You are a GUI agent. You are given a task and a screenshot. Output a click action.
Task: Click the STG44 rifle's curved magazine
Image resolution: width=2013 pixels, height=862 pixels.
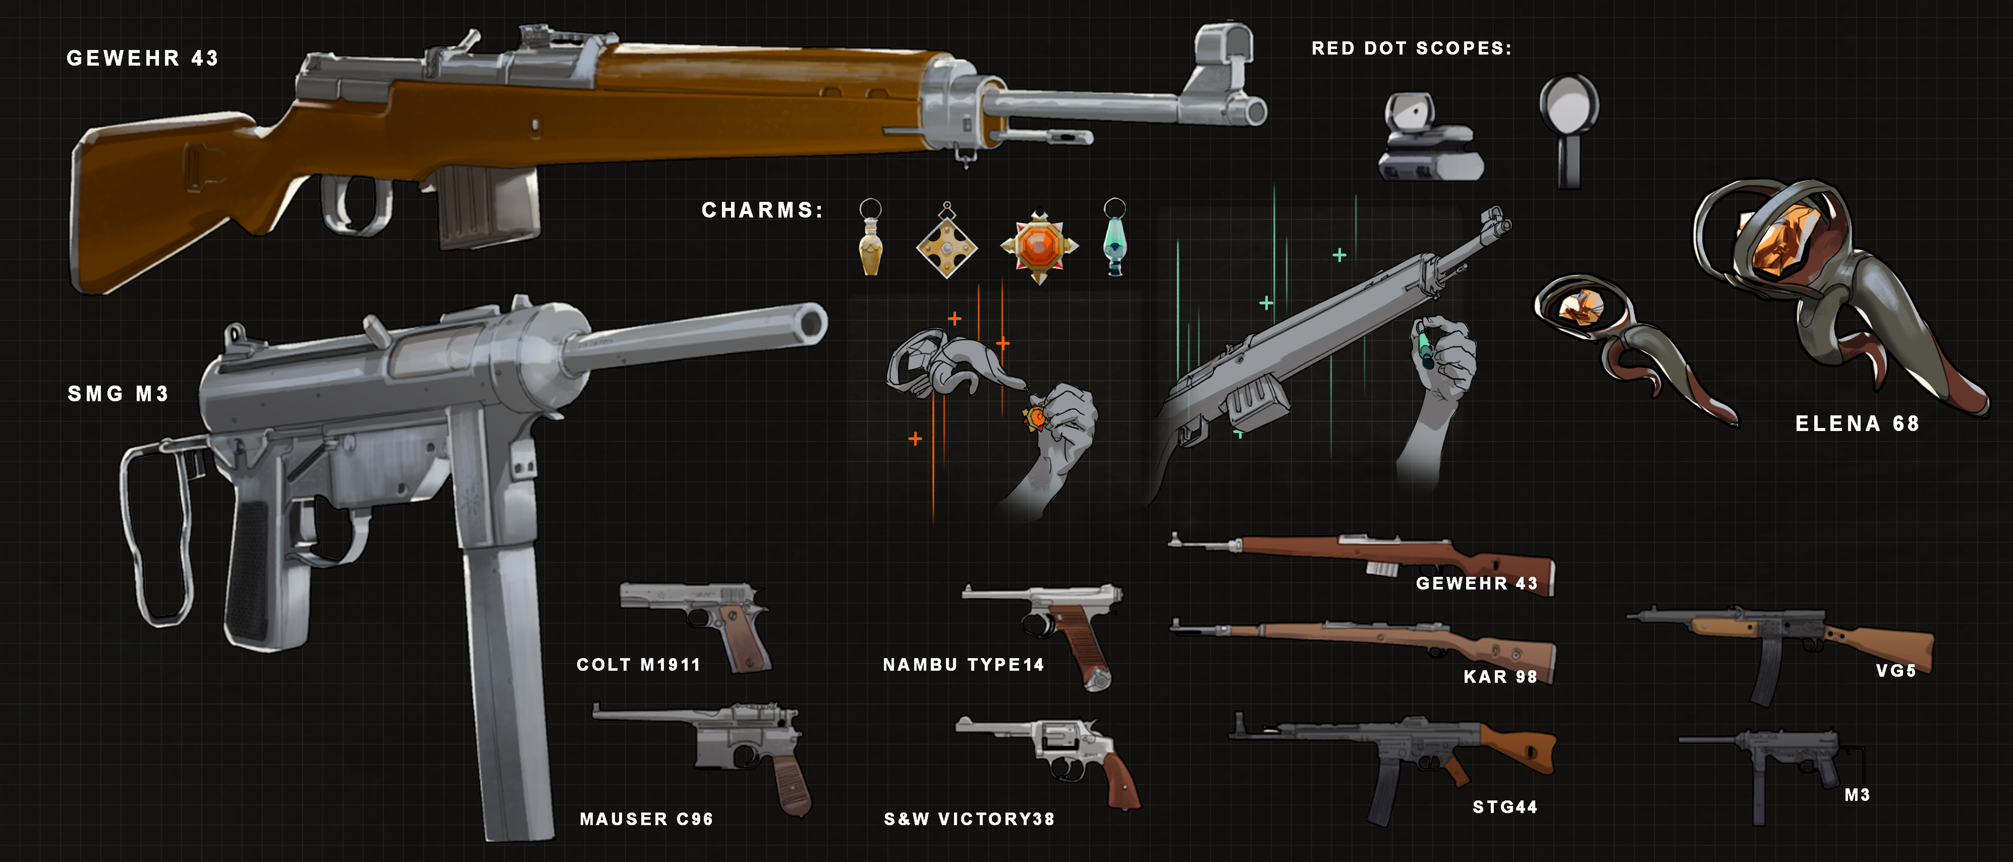(x=1384, y=789)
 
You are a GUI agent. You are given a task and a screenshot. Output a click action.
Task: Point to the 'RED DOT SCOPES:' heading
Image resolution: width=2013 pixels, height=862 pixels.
(x=1411, y=48)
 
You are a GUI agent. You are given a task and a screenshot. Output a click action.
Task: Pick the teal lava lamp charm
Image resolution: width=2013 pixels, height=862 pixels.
(x=1115, y=242)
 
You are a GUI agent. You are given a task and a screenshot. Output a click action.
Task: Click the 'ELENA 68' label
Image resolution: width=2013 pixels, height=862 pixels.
(x=1857, y=424)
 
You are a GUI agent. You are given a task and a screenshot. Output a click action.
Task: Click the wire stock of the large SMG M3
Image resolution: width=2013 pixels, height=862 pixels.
(x=156, y=539)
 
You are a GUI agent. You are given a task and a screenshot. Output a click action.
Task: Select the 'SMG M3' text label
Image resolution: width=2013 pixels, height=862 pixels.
(x=118, y=393)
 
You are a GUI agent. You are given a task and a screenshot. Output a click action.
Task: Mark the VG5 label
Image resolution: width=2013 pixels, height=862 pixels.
(x=1896, y=671)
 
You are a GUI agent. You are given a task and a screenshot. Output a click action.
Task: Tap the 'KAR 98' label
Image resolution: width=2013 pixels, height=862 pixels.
(x=1500, y=677)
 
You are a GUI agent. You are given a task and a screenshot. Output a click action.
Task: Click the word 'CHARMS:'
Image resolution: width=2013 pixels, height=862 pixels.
(x=762, y=210)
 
